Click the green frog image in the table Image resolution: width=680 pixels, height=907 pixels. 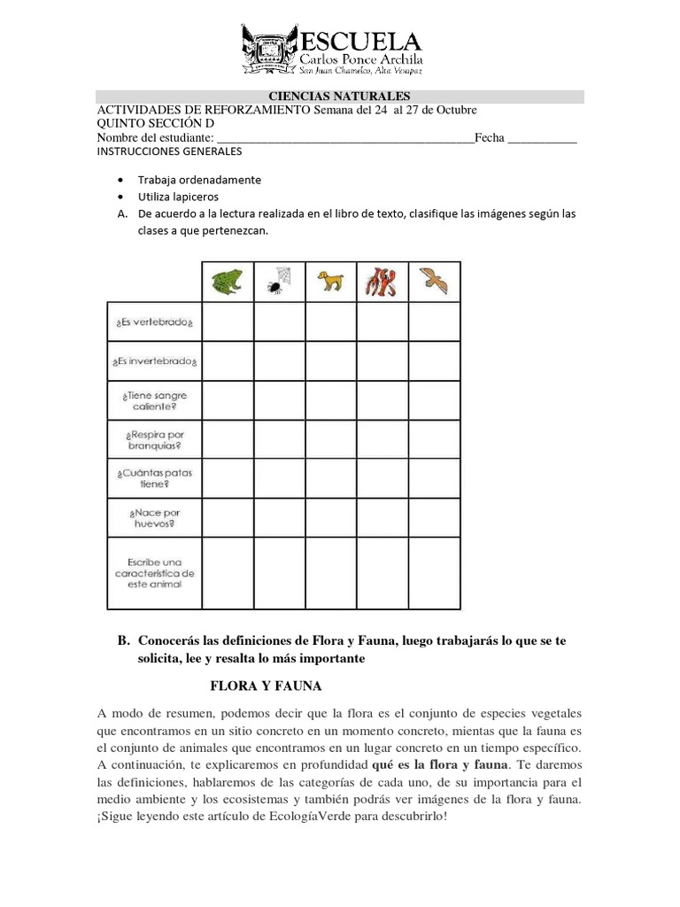click(228, 283)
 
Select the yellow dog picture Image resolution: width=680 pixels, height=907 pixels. click(331, 282)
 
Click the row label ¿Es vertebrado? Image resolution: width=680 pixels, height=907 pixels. click(154, 322)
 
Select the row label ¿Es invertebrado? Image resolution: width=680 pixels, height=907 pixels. click(154, 362)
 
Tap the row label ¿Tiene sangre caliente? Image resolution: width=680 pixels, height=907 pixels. click(154, 400)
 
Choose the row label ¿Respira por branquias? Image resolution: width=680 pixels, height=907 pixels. click(154, 440)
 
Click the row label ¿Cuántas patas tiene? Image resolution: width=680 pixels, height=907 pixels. click(154, 479)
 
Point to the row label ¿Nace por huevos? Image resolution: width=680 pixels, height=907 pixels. click(154, 518)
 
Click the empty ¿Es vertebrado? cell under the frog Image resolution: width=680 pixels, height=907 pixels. click(228, 322)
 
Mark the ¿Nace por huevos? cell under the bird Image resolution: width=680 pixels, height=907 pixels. click(434, 518)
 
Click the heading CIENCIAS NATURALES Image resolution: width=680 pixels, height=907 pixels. click(339, 97)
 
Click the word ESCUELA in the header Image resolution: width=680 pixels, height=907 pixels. click(362, 40)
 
